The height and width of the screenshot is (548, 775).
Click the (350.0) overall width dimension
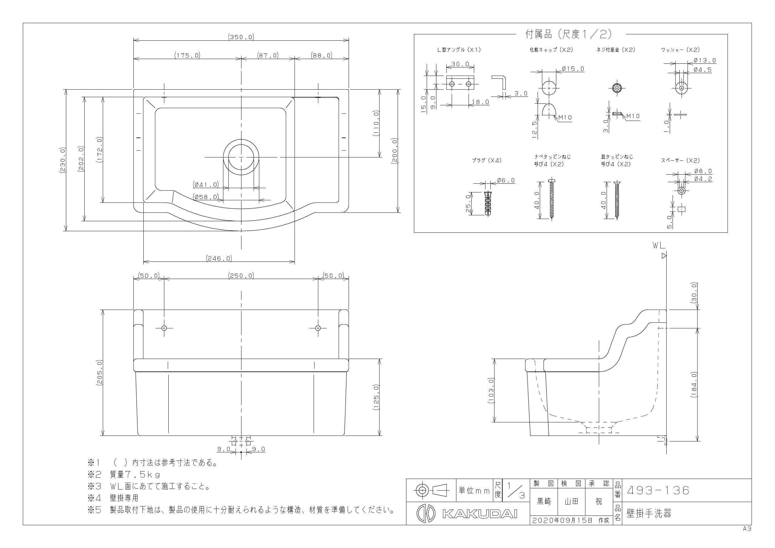tap(241, 37)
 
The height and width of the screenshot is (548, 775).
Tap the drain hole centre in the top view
tap(241, 157)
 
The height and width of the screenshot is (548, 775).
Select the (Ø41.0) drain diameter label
tap(206, 185)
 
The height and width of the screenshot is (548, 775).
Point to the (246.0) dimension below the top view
tap(219, 258)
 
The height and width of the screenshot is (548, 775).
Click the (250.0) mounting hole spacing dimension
tap(241, 276)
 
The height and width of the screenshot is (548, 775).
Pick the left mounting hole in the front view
tap(164, 328)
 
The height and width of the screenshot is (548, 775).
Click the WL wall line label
tap(658, 246)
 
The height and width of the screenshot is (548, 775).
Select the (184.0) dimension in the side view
tap(694, 385)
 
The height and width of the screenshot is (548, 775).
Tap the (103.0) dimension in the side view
tap(491, 390)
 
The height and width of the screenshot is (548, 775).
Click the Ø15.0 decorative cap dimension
tap(573, 69)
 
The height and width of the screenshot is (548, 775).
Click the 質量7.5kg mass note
tap(135, 474)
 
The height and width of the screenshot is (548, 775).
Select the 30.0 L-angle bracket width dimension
tap(460, 64)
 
